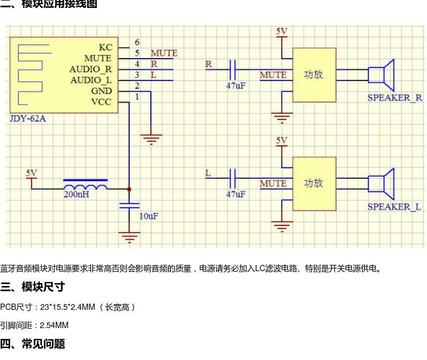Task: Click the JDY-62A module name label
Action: click(x=28, y=118)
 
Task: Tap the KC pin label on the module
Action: click(x=105, y=47)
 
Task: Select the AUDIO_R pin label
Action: click(x=91, y=69)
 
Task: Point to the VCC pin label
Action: click(x=101, y=102)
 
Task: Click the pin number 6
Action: click(x=137, y=42)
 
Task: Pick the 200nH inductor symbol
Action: click(x=85, y=185)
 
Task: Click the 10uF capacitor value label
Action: click(x=149, y=216)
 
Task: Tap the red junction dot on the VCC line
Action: click(x=129, y=189)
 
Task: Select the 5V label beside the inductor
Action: click(x=31, y=173)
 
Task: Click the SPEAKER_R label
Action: click(x=395, y=97)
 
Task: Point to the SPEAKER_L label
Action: click(x=394, y=207)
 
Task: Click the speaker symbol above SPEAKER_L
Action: click(x=381, y=184)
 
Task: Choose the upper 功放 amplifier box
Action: click(x=314, y=75)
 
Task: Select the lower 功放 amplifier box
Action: click(x=314, y=183)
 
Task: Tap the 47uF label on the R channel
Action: click(x=236, y=86)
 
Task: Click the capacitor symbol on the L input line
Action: click(x=232, y=178)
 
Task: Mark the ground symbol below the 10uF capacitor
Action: click(x=129, y=237)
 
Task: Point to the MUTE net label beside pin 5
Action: click(x=164, y=53)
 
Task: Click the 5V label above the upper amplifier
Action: click(x=282, y=31)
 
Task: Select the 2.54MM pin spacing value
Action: click(x=54, y=325)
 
